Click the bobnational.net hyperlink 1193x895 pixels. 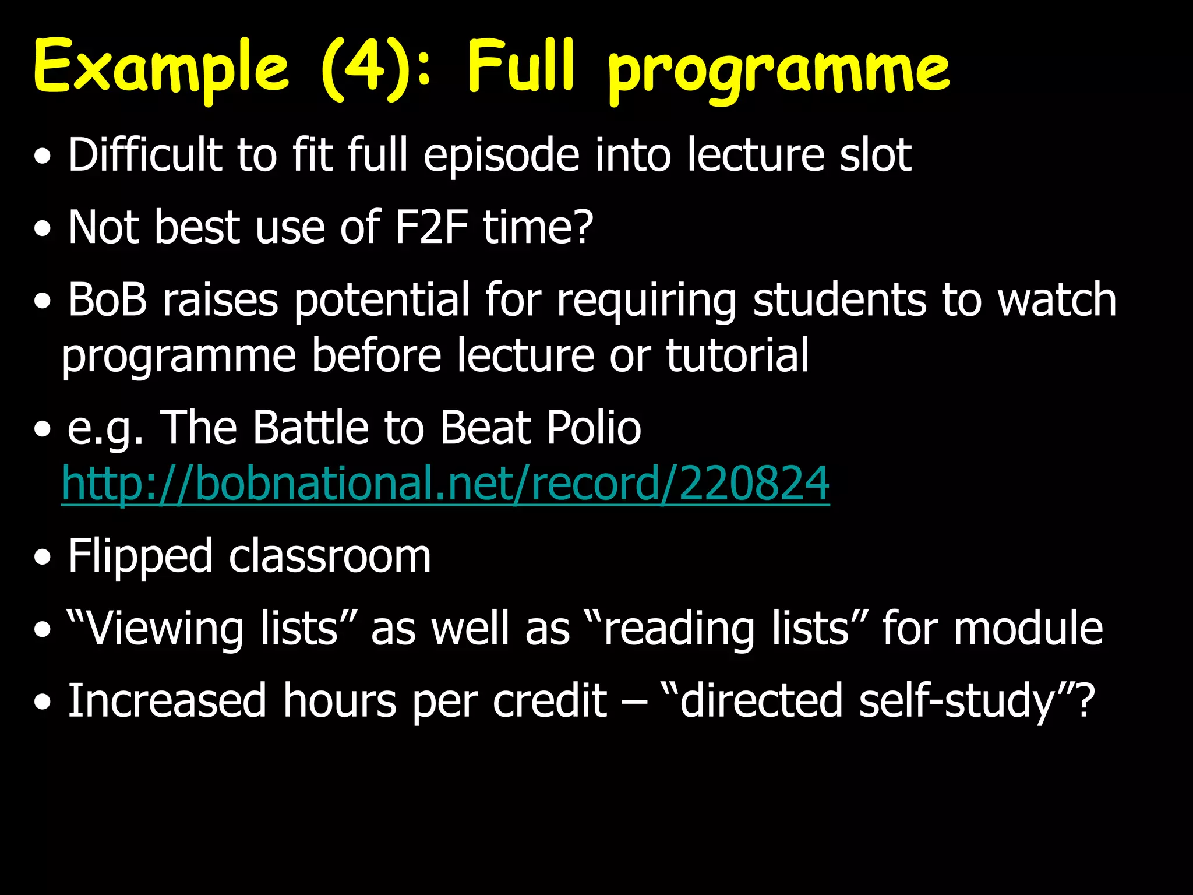click(445, 483)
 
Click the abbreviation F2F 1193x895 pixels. click(431, 227)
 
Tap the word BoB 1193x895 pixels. click(107, 299)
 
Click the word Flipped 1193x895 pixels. click(140, 557)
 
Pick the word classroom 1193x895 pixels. click(330, 557)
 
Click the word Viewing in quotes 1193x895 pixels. click(154, 629)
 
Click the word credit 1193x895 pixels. click(550, 700)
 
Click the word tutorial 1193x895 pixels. click(737, 355)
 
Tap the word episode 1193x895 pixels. click(502, 156)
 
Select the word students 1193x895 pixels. click(839, 299)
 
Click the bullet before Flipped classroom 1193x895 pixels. click(42, 558)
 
